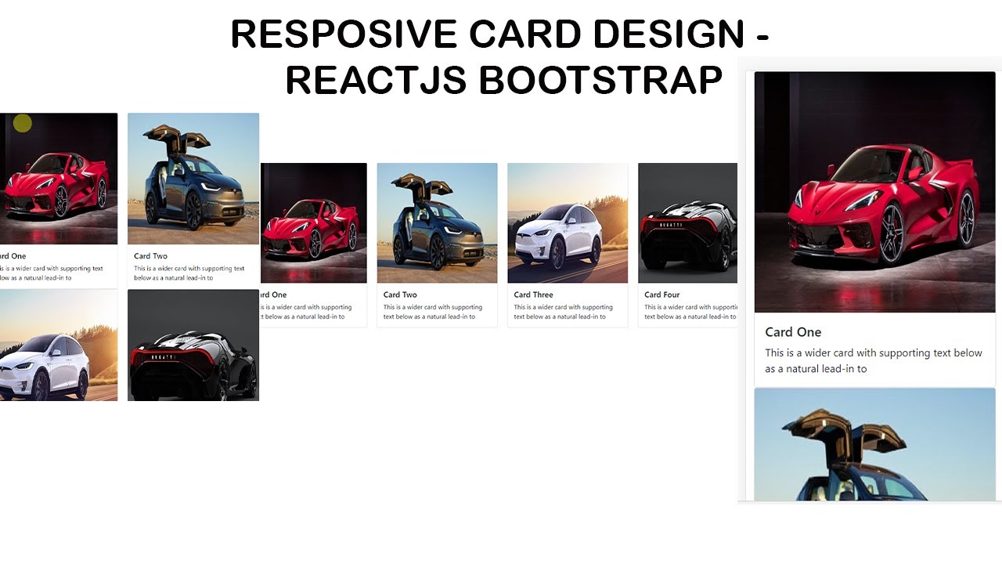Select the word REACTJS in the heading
click(377, 80)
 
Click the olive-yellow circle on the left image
click(23, 123)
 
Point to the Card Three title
click(533, 295)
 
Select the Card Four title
click(661, 295)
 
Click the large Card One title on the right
click(793, 332)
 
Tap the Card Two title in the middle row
click(400, 295)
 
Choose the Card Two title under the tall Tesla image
click(150, 256)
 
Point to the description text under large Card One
click(873, 360)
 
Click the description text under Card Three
click(563, 312)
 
